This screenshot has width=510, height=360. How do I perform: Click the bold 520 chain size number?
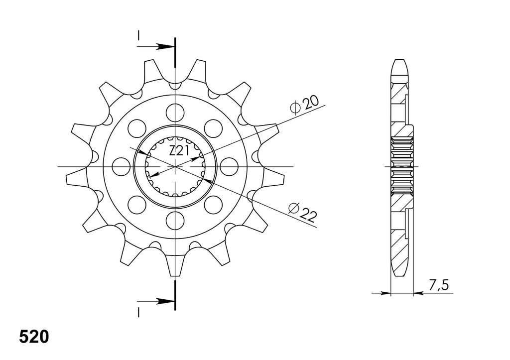(34, 337)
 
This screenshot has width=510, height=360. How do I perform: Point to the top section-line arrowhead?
(164, 46)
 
